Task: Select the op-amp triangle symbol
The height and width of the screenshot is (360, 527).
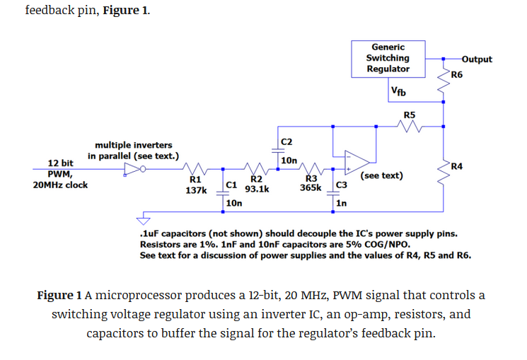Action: coord(357,163)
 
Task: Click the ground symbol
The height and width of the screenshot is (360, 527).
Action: coord(143,221)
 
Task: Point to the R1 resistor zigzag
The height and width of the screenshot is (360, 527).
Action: coord(195,168)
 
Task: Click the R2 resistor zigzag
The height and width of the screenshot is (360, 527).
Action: coord(256,168)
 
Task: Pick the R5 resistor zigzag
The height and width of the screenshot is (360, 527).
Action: coord(409,127)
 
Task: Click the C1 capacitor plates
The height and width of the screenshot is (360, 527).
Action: coord(223,193)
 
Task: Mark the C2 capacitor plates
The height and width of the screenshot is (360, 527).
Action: coord(278,151)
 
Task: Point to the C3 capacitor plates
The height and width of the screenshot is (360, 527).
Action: coord(333,193)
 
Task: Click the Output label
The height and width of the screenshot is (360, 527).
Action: coord(477,59)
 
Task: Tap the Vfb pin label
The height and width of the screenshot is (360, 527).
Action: coord(398,91)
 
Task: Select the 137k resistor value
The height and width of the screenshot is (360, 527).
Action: coord(196,190)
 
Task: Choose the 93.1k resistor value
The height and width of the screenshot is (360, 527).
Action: coord(257,189)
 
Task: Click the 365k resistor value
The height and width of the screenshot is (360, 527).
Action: coord(311,187)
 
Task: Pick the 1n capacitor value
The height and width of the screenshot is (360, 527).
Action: coord(342,203)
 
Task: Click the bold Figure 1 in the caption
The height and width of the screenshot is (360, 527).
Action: coord(59,295)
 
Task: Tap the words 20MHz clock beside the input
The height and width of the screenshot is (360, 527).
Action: coord(60,185)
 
